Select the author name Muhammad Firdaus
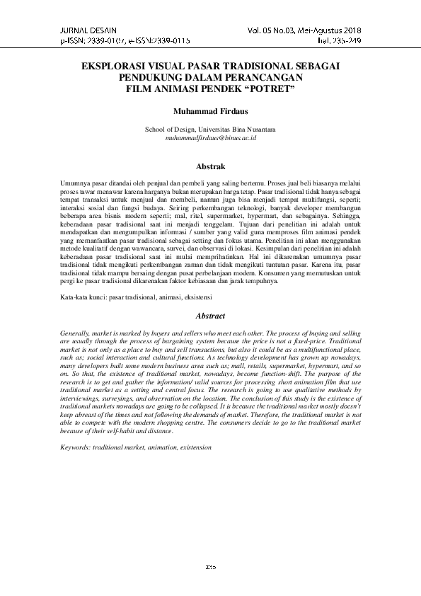coord(209,111)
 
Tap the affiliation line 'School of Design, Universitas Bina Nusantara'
coord(210,130)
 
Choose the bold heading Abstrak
coord(210,167)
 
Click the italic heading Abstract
coord(210,316)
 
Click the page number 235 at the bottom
coord(210,567)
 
